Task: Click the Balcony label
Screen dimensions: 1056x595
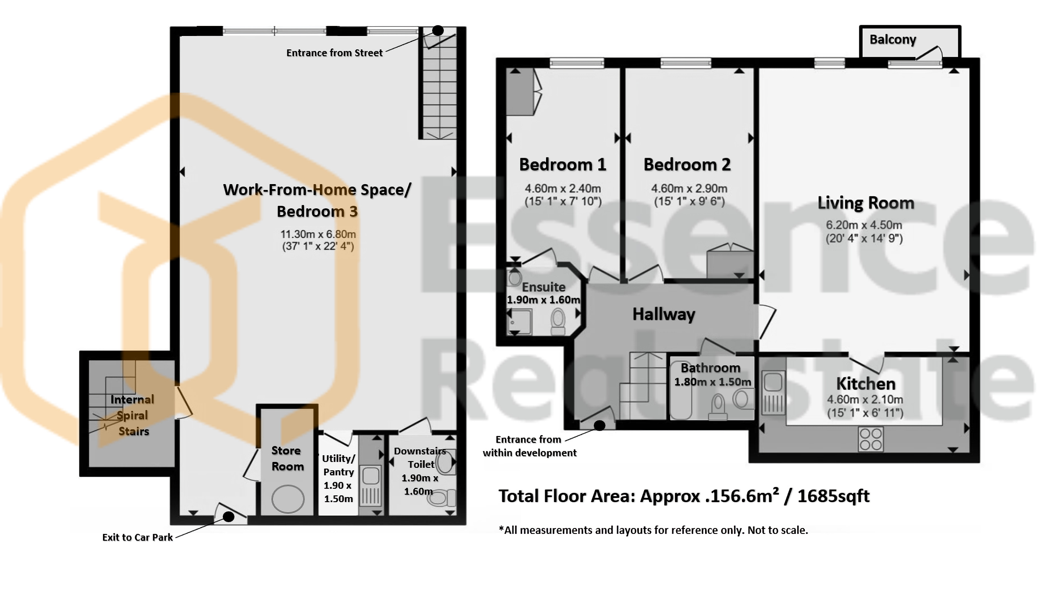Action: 893,39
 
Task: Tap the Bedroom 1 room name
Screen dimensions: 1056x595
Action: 563,164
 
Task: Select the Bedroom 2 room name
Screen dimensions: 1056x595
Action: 687,164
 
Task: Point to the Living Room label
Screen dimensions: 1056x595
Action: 866,203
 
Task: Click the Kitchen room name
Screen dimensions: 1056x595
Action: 866,384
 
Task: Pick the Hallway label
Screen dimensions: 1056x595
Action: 664,314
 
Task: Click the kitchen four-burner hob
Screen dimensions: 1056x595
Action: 871,439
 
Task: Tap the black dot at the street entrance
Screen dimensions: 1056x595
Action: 438,31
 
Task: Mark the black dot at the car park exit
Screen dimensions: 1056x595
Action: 228,517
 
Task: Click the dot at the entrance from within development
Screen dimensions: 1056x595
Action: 600,426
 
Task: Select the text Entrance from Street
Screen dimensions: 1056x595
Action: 335,53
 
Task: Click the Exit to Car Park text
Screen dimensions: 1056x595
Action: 137,537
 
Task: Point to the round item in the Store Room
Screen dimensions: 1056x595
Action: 288,499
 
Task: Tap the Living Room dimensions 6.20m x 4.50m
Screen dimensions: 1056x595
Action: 864,225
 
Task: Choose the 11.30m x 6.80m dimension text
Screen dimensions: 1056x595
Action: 318,234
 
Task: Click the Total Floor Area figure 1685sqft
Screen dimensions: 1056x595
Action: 833,496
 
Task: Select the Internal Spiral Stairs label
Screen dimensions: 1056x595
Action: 133,415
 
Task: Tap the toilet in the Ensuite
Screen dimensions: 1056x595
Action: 558,321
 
